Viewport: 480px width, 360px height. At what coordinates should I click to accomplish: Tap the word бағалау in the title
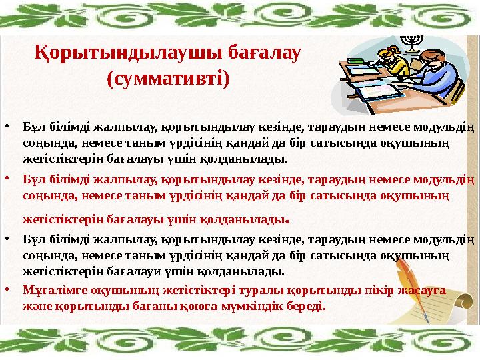(x=265, y=53)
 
